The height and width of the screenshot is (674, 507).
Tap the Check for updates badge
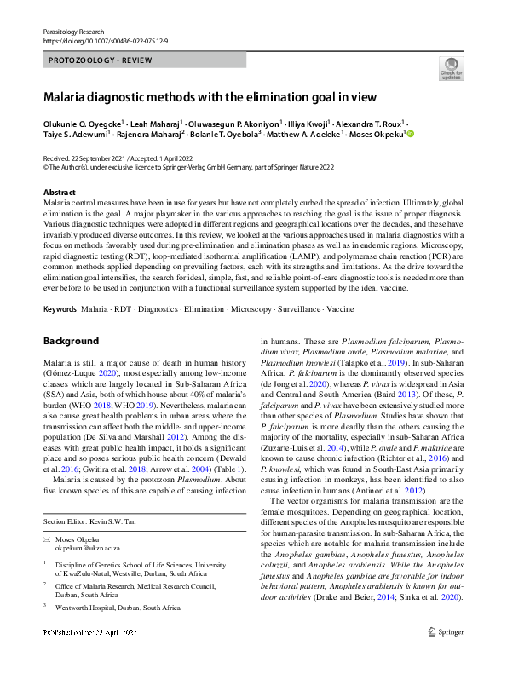coord(451,68)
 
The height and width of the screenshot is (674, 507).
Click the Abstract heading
coord(59,193)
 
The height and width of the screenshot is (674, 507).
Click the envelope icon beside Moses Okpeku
coord(47,518)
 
